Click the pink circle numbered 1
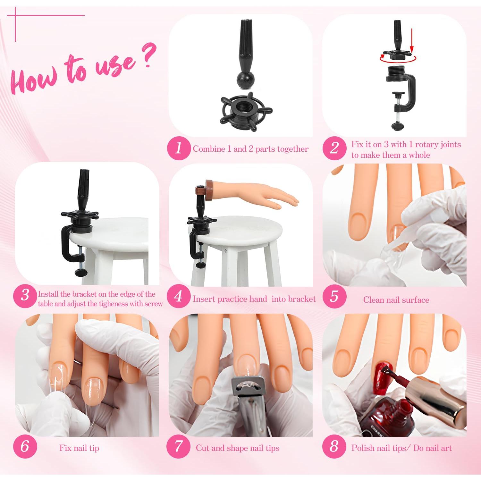179,148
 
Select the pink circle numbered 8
334,446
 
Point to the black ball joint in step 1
245,80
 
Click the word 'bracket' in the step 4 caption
301,299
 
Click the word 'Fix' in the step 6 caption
65,448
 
